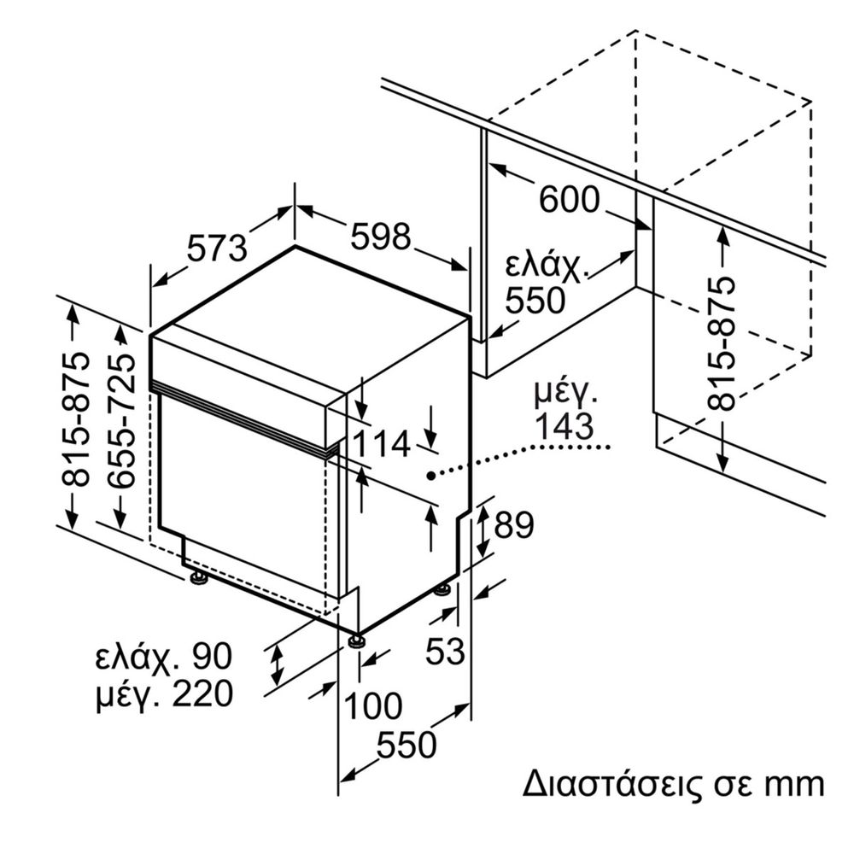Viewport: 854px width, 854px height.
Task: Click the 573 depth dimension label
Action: [217, 248]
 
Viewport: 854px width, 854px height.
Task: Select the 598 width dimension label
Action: [380, 237]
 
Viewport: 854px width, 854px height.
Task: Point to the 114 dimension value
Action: [383, 443]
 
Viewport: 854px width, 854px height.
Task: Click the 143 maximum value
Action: [564, 427]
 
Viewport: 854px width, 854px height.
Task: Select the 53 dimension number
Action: [445, 652]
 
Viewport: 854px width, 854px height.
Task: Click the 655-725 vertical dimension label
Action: [125, 421]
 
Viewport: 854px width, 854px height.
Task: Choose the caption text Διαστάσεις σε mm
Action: [673, 784]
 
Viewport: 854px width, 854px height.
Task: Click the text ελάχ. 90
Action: [163, 657]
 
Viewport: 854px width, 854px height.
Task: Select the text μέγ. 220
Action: [163, 694]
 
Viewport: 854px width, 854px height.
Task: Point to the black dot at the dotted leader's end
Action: [433, 474]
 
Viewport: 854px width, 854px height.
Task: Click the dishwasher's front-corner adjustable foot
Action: [355, 640]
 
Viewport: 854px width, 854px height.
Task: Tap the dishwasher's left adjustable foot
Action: [199, 578]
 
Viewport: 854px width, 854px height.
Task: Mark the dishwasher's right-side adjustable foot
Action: [442, 588]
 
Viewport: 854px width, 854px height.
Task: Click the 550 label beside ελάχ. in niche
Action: [535, 301]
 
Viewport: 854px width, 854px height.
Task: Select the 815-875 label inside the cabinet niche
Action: [723, 343]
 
